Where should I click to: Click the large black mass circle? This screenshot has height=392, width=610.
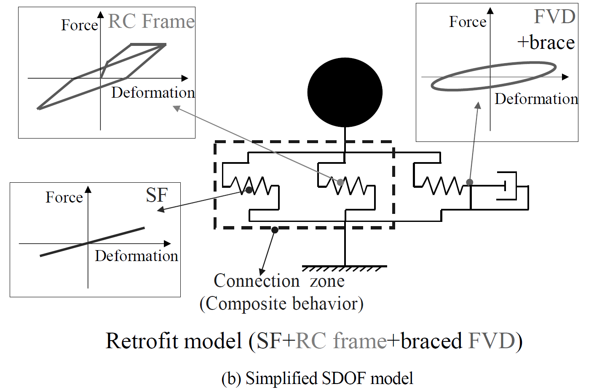[x=345, y=92]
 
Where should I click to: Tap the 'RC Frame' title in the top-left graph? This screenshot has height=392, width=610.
[x=151, y=21]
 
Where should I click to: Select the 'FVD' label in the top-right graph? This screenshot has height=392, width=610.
[x=554, y=17]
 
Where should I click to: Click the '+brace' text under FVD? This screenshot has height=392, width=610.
[x=546, y=43]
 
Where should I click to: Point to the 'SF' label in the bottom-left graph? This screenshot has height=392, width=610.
[x=157, y=195]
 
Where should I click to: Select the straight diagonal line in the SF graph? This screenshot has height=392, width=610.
[x=92, y=242]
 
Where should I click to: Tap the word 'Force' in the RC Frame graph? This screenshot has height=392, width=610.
[x=80, y=25]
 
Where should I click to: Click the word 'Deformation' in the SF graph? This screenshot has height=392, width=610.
[x=136, y=256]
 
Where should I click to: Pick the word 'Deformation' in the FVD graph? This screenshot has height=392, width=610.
[x=536, y=99]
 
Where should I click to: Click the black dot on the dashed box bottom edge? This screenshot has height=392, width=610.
[x=275, y=230]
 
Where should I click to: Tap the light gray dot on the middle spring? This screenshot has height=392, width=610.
[x=340, y=182]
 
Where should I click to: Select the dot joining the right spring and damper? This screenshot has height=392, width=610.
[x=469, y=182]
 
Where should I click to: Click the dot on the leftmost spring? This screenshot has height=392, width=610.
[x=249, y=190]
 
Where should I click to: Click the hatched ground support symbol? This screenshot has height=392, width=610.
[x=344, y=269]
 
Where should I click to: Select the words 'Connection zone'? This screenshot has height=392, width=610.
[x=279, y=281]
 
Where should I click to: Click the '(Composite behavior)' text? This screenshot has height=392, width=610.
[x=281, y=304]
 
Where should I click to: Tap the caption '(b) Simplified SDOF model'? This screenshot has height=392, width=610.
[x=317, y=378]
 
